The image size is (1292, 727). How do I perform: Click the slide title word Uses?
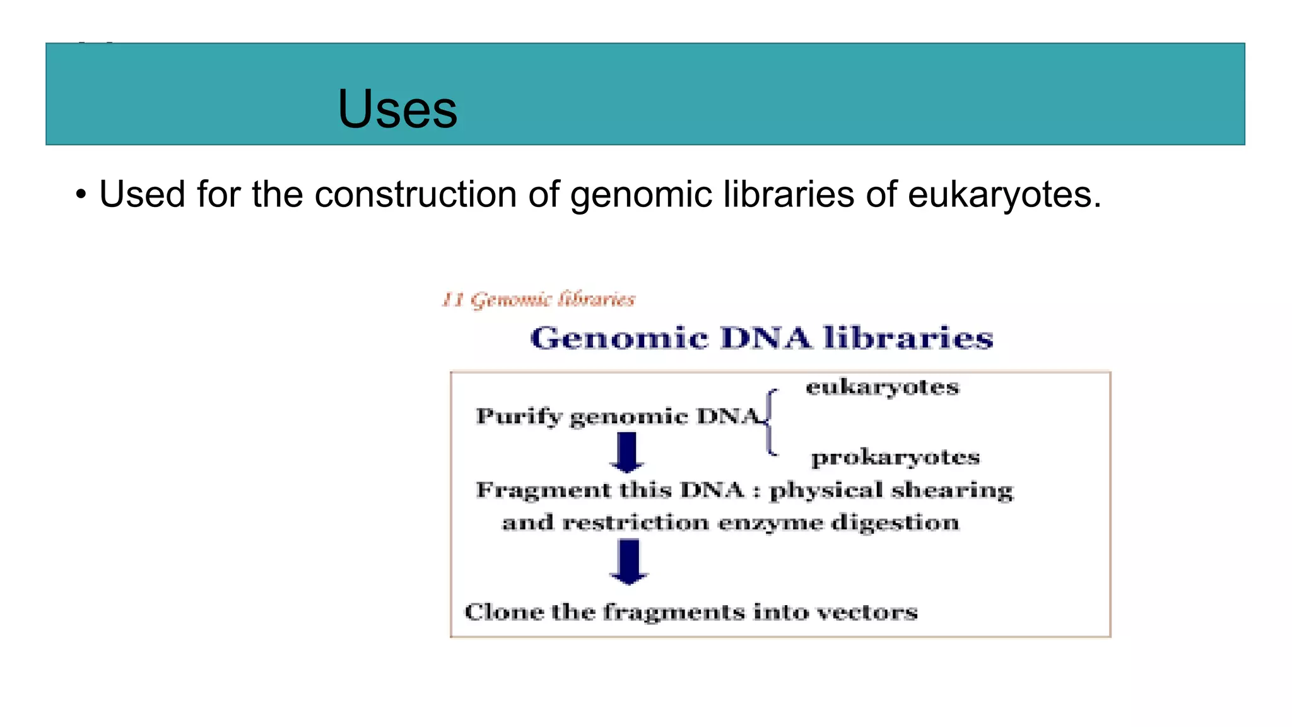pos(397,109)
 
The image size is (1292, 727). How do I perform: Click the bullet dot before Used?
pos(80,194)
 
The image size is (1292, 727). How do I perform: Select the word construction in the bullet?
pos(415,194)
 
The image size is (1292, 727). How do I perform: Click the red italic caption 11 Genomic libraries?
pos(538,299)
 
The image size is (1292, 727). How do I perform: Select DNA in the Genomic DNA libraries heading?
pos(765,338)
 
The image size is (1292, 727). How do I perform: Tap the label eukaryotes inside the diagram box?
pos(882,387)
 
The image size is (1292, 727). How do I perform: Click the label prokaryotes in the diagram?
pos(895,457)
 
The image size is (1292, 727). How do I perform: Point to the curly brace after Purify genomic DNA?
pos(771,422)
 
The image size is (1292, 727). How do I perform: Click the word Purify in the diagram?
pos(518,417)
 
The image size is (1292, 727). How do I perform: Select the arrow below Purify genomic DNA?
pos(626,452)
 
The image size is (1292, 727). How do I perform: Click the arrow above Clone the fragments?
pos(628,561)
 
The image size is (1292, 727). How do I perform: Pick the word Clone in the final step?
pos(503,612)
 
